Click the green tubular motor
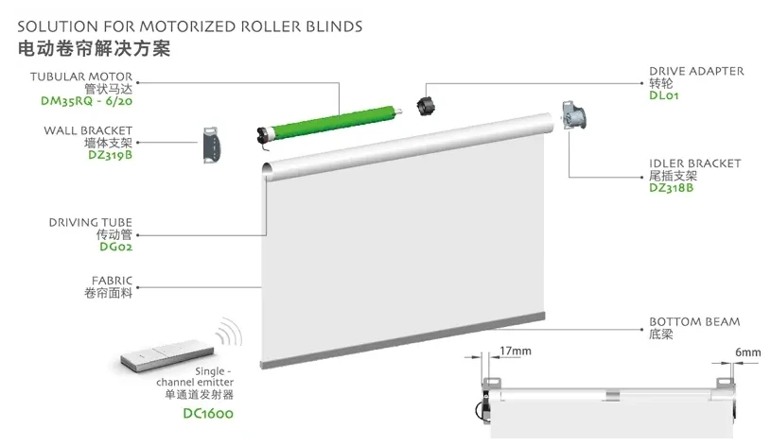pyautogui.click(x=328, y=123)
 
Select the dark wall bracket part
pyautogui.click(x=212, y=145)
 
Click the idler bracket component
pyautogui.click(x=574, y=116)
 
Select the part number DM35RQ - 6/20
pyautogui.click(x=86, y=101)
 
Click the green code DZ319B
pyautogui.click(x=110, y=155)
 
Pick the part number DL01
pyautogui.click(x=664, y=95)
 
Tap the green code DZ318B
pyautogui.click(x=671, y=188)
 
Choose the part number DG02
pyautogui.click(x=116, y=247)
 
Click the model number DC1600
pyautogui.click(x=208, y=413)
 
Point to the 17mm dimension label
pyautogui.click(x=516, y=352)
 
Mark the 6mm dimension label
pyautogui.click(x=748, y=352)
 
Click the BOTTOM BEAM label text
pyautogui.click(x=694, y=321)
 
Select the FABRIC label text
pyautogui.click(x=113, y=281)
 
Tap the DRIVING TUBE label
pyautogui.click(x=91, y=222)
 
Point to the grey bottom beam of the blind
pyautogui.click(x=402, y=340)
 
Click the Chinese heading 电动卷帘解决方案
pyautogui.click(x=94, y=48)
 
